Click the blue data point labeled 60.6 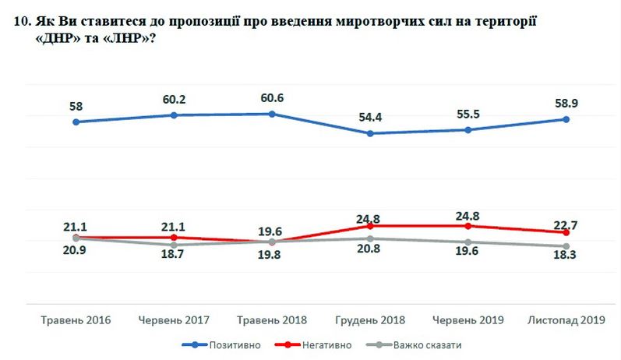tap(271, 114)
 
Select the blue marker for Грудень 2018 tap(369, 133)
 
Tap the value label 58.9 tap(565, 101)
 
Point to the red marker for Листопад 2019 tap(566, 233)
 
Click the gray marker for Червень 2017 tap(173, 245)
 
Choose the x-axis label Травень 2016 tap(75, 320)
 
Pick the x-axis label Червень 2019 tap(468, 320)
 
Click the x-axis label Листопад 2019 tap(566, 320)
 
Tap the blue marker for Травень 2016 tap(75, 122)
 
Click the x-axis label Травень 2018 tap(271, 320)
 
